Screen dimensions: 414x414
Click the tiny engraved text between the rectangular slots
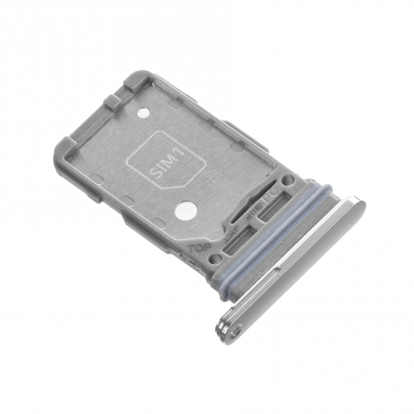[249, 225]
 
